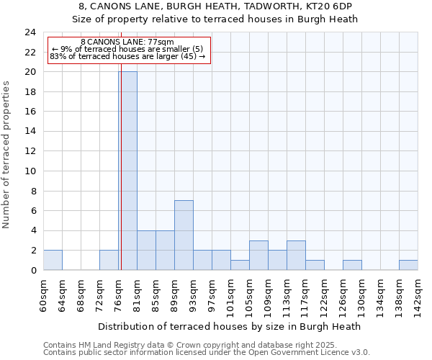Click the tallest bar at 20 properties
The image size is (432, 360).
point(127,171)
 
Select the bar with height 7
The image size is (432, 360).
point(184,235)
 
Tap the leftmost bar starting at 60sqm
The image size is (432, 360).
point(53,260)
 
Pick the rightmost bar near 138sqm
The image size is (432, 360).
point(408,265)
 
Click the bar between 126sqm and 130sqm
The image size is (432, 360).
point(352,265)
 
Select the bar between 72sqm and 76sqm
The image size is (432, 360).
point(109,260)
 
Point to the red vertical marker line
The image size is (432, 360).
point(121,180)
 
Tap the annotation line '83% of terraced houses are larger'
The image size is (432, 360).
point(127,56)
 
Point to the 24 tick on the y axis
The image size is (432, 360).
point(30,32)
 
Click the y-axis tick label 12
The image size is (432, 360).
point(30,151)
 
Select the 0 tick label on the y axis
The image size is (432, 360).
point(33,270)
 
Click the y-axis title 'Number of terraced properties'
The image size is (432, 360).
point(7,154)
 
